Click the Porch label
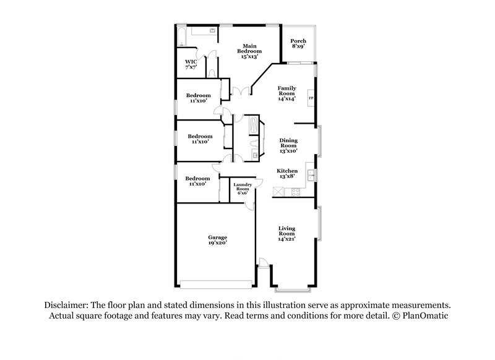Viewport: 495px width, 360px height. [x=298, y=44]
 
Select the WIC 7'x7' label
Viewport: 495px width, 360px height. [x=191, y=64]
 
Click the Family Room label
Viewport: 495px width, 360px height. [x=286, y=93]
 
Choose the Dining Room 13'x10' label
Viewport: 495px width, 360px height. [x=288, y=146]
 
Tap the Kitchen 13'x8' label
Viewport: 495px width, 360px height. [x=287, y=173]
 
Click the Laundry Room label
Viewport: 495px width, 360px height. [x=240, y=189]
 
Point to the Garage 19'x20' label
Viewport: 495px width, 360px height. [x=217, y=240]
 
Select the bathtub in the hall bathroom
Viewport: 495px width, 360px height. [x=254, y=126]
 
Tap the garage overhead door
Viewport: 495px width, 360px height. [x=215, y=284]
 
